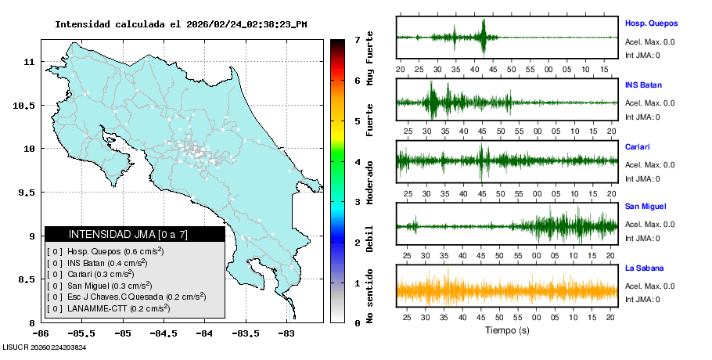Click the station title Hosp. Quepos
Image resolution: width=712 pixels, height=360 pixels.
[651, 23]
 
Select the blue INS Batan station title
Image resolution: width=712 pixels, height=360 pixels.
[643, 85]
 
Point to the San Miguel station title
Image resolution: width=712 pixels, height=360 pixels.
[645, 207]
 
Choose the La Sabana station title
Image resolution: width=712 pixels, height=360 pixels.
[644, 268]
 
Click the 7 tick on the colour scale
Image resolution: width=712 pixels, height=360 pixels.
[357, 39]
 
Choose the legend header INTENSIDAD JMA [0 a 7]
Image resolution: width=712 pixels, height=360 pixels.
[128, 234]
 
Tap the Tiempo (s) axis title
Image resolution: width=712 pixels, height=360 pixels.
[507, 330]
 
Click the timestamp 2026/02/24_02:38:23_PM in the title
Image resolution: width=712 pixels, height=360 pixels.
[246, 24]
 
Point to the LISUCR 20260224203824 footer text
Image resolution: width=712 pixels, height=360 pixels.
[45, 347]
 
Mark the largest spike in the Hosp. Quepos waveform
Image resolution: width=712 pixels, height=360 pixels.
[485, 34]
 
